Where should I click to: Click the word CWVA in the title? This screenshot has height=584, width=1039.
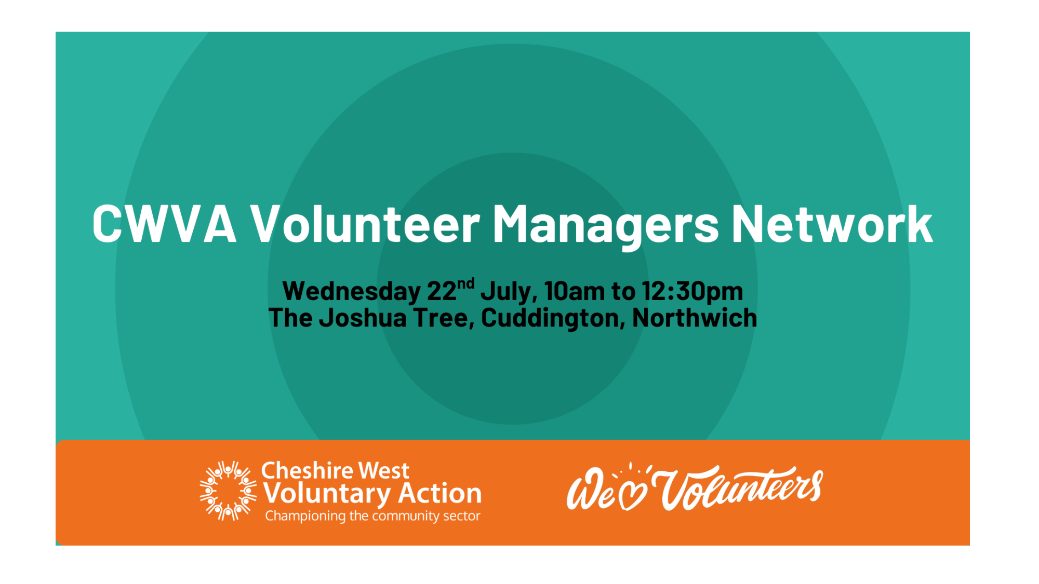coord(165,224)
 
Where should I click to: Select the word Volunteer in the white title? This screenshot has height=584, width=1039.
coord(365,224)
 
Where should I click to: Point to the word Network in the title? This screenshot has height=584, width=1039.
coord(832,224)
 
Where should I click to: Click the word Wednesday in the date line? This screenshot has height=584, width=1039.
coord(352,292)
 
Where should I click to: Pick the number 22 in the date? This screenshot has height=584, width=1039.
coord(442,291)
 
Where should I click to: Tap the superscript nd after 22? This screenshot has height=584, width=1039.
coord(466,284)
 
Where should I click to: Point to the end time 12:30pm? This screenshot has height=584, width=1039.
coord(692,292)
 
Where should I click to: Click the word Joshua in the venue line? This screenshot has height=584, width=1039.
coord(363,318)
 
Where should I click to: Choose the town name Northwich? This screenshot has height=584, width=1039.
coord(695,318)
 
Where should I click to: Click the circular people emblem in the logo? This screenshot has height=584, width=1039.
coord(228,491)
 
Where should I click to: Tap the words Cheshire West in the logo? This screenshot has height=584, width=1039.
coord(335,471)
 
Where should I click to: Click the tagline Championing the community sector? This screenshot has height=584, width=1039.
coord(372,516)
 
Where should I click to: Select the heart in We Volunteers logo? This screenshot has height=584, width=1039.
coord(634,495)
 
